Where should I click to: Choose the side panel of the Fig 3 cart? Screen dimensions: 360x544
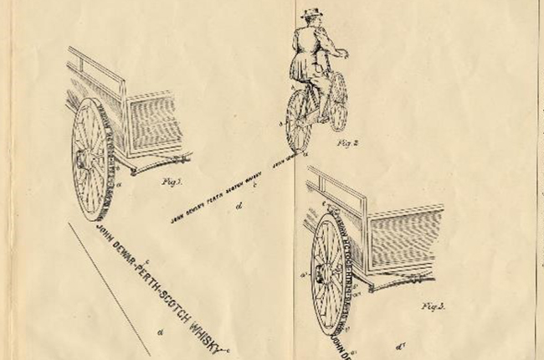405,238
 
